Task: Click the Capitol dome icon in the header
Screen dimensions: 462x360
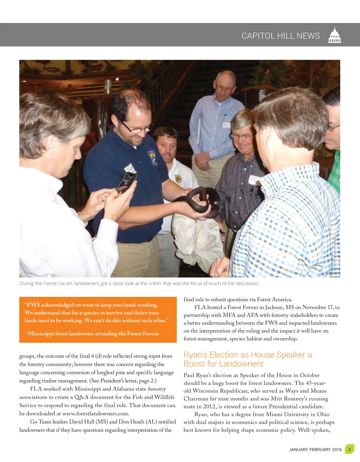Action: coord(334,35)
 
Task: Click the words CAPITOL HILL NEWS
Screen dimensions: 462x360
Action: coord(281,36)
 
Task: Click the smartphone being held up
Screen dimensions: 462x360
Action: coord(126,182)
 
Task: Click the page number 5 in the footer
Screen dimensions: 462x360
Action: coord(349,449)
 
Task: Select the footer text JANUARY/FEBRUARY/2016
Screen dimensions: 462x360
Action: coord(315,449)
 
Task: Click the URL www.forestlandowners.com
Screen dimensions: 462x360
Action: coord(96,413)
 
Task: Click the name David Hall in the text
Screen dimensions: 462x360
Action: coord(82,422)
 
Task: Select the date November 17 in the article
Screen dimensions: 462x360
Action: coord(317,307)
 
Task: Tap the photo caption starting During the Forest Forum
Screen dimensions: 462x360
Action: coord(139,283)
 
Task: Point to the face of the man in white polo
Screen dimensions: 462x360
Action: coord(167,145)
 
